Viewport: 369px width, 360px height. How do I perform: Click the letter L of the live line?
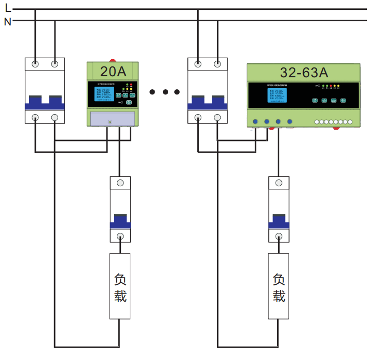pos(7,8)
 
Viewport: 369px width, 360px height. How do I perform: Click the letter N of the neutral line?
pos(7,21)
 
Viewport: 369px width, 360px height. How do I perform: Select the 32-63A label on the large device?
pos(304,72)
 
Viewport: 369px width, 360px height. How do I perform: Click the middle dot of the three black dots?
pos(165,92)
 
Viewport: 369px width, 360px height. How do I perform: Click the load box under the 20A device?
pos(120,286)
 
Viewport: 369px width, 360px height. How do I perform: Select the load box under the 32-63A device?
pos(279,286)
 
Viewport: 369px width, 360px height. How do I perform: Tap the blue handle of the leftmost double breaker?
pos(45,103)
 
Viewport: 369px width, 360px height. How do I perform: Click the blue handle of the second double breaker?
pos(208,103)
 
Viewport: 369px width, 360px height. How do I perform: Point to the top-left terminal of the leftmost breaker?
pos(35,64)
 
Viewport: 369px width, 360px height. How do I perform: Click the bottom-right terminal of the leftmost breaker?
pos(55,117)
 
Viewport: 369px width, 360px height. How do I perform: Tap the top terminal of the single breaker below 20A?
pos(120,183)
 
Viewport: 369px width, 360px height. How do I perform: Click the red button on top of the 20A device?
pos(113,60)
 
